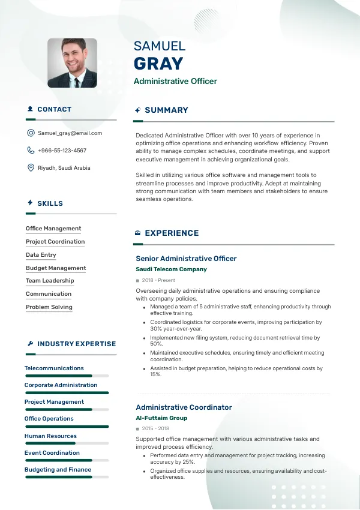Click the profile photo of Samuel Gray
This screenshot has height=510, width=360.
[72, 63]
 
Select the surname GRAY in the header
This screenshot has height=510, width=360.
[158, 64]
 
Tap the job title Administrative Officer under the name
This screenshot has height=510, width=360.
[175, 81]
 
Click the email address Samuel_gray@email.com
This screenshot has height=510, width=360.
[70, 133]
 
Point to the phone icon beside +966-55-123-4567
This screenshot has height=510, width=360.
[31, 151]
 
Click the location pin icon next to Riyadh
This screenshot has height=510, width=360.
[31, 168]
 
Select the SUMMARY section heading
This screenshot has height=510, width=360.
[166, 110]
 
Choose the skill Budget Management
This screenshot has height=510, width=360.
[56, 268]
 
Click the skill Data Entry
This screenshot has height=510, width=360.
[41, 255]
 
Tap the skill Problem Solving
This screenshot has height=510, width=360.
[49, 307]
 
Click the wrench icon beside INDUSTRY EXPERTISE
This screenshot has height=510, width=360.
[30, 344]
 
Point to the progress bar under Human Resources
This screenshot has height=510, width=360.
[67, 443]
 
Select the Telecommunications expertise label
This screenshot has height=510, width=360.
[54, 368]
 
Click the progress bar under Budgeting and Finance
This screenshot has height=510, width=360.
[67, 477]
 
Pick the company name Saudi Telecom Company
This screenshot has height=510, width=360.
[171, 269]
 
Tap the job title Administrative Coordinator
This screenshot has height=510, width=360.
[184, 407]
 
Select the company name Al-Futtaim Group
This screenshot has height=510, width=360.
[161, 418]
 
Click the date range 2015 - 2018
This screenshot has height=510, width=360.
[155, 429]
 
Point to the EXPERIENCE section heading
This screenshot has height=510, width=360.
[172, 233]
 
